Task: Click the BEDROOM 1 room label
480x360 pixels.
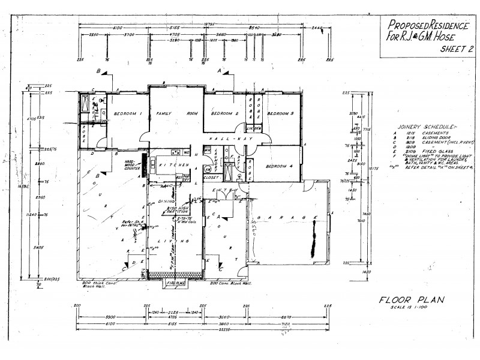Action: pos(124,114)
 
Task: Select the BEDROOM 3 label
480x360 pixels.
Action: pos(280,114)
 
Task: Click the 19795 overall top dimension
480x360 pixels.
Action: pos(208,25)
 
